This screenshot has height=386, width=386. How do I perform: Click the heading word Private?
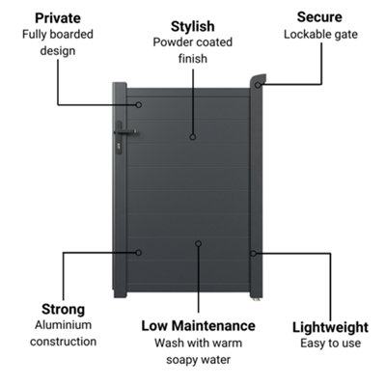tap(58, 18)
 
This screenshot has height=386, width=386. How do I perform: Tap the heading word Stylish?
tap(192, 26)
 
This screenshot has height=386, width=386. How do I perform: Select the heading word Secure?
tap(319, 17)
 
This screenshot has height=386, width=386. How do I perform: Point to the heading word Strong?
tap(63, 310)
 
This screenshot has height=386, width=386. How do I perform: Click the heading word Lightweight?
tap(330, 327)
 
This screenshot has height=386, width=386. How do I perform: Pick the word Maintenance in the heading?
tap(213, 326)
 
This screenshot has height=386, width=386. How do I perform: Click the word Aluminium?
tap(63, 325)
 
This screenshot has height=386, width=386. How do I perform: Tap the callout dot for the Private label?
tap(139, 105)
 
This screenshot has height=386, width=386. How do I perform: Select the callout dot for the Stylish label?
tap(193, 137)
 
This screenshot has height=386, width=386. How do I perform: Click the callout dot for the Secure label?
tap(258, 85)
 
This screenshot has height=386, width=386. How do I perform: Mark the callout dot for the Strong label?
tap(138, 253)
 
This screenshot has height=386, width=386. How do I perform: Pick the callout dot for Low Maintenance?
tap(199, 244)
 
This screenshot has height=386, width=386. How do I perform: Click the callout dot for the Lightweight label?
tap(253, 254)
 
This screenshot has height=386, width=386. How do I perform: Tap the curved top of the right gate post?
tap(259, 79)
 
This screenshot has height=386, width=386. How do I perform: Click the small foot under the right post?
tap(257, 299)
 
